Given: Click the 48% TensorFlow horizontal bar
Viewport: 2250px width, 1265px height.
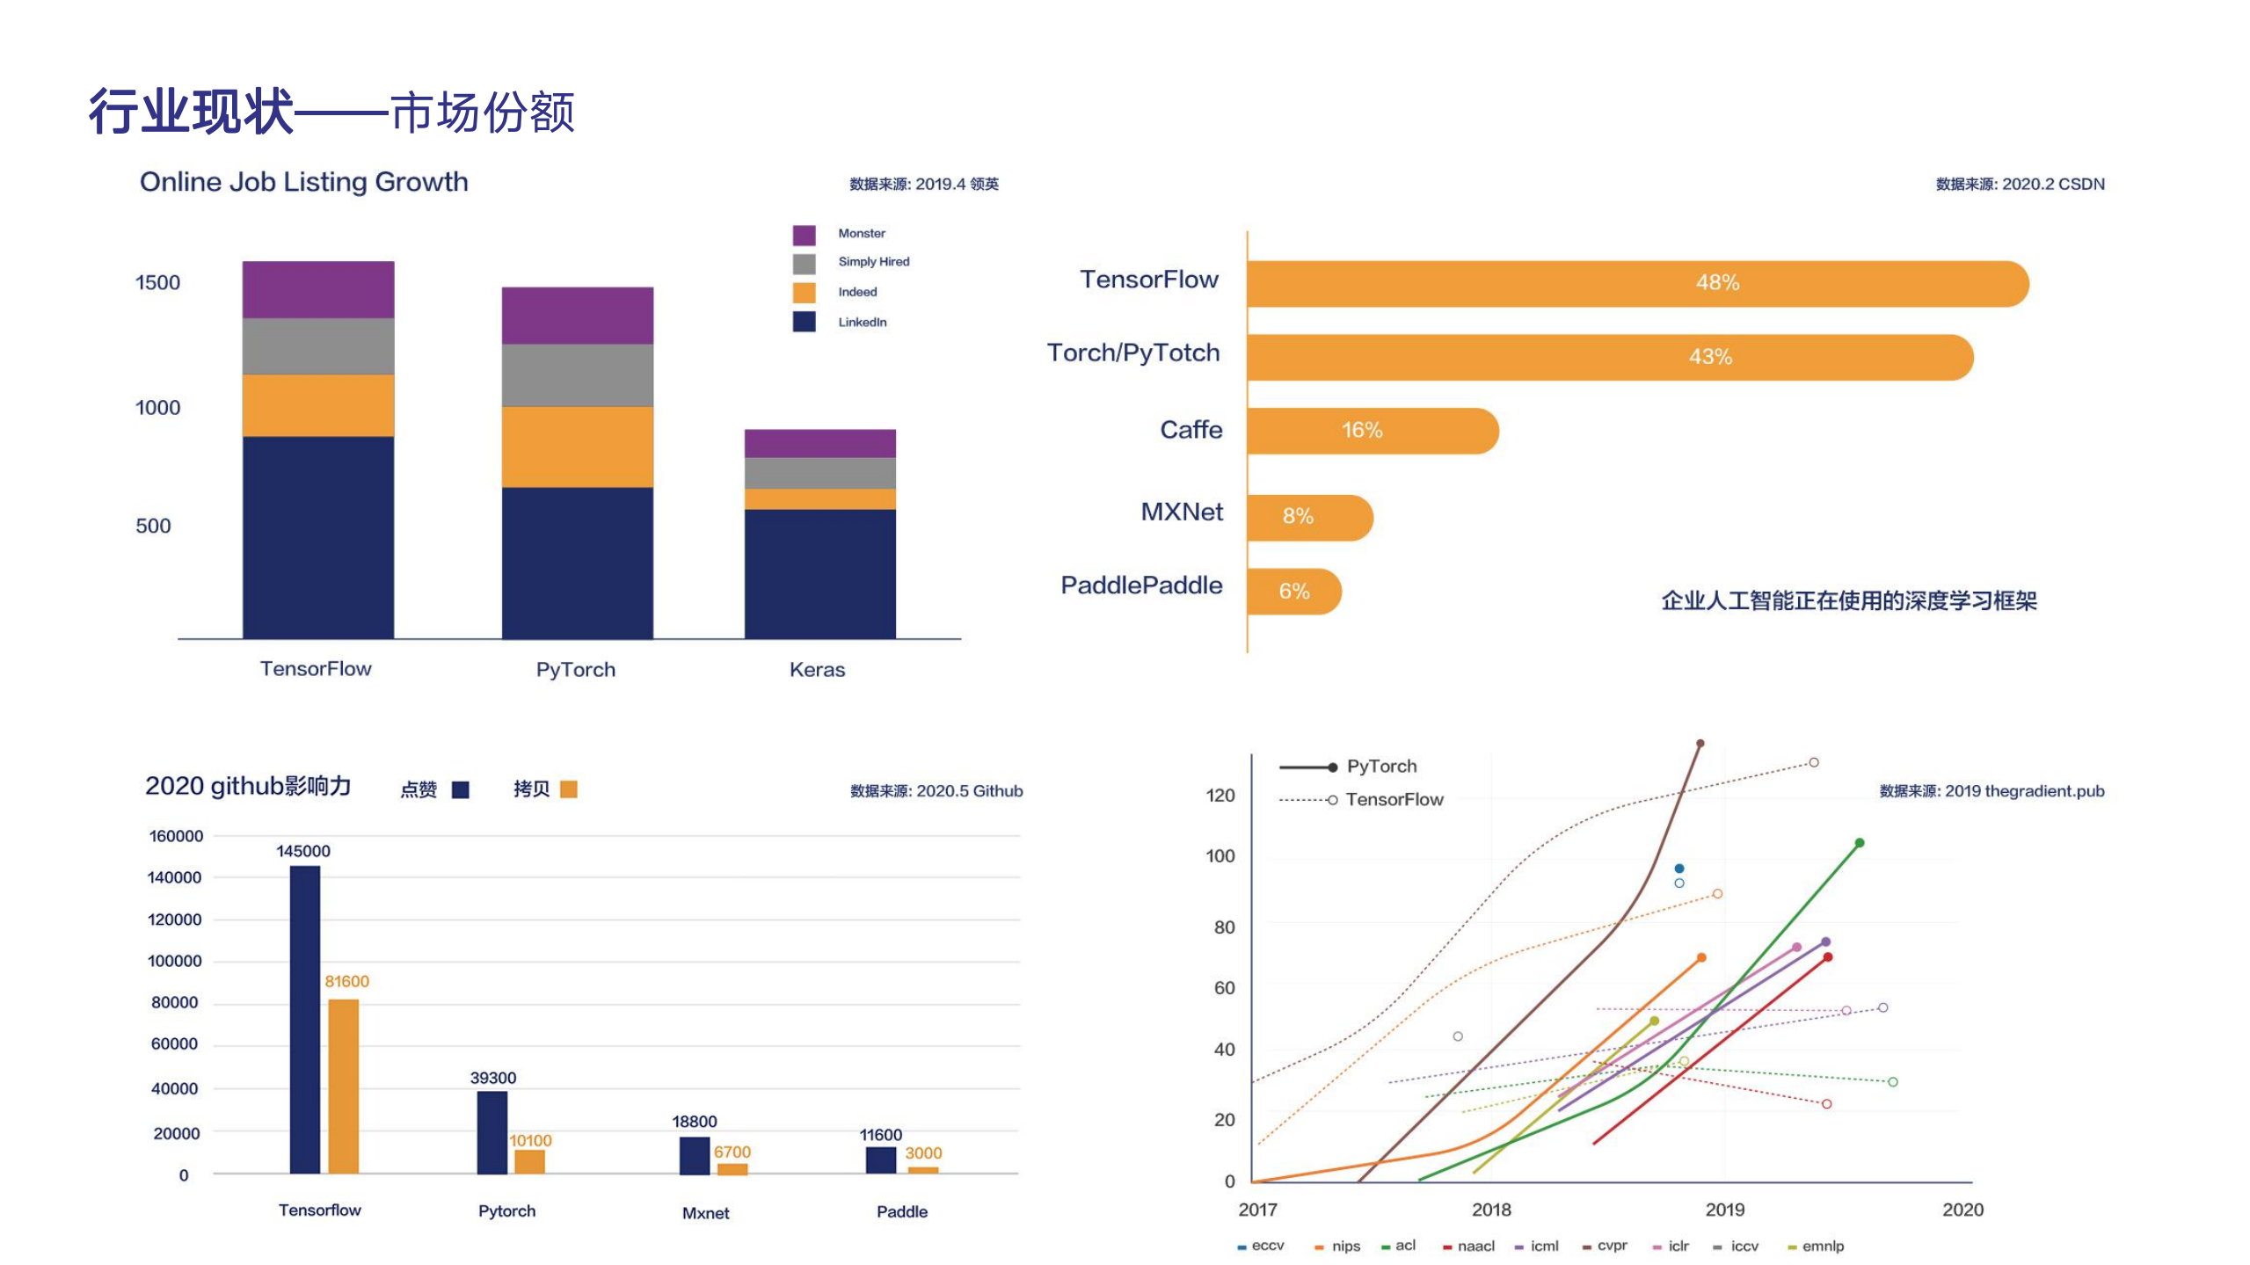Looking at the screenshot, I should (1635, 283).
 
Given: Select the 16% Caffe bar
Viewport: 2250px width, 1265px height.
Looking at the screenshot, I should (1372, 431).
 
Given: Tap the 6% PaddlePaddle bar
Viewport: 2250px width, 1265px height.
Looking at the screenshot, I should (1293, 591).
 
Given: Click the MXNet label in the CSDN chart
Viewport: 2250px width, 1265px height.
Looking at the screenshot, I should (1181, 512).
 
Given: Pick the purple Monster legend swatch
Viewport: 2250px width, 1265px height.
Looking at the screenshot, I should (804, 235).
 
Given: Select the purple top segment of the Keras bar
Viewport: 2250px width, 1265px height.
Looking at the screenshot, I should (819, 443).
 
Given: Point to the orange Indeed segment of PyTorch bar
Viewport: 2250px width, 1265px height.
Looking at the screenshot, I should (577, 447).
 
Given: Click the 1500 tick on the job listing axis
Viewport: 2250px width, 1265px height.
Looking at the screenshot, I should (157, 283).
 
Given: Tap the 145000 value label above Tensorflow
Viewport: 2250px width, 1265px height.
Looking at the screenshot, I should (303, 851).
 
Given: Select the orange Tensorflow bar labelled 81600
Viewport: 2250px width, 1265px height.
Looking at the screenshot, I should (343, 1086).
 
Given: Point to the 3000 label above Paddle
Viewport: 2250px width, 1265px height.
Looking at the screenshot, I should (923, 1152).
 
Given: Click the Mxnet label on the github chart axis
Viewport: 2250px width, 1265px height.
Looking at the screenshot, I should (705, 1213).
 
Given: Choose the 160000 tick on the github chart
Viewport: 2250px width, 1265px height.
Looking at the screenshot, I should (176, 836).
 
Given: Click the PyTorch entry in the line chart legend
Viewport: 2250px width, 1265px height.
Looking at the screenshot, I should (1381, 767).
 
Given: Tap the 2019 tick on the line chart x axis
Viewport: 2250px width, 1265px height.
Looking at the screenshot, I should (1724, 1210).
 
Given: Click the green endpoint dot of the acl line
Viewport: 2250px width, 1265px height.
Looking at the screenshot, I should (1860, 843).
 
